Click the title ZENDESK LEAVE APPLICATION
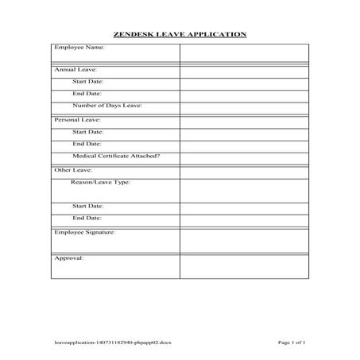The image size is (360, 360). tap(180, 34)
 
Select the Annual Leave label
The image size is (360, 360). tap(75, 70)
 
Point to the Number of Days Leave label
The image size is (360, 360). tap(107, 105)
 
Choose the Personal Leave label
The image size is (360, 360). tap(77, 119)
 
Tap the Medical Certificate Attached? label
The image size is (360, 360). tap(116, 156)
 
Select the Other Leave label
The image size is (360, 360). tap(73, 170)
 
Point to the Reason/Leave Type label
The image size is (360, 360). tap(101, 182)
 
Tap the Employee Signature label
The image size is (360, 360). tap(85, 232)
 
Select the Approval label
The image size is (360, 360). tap(69, 257)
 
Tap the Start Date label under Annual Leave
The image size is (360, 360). tap(88, 81)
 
